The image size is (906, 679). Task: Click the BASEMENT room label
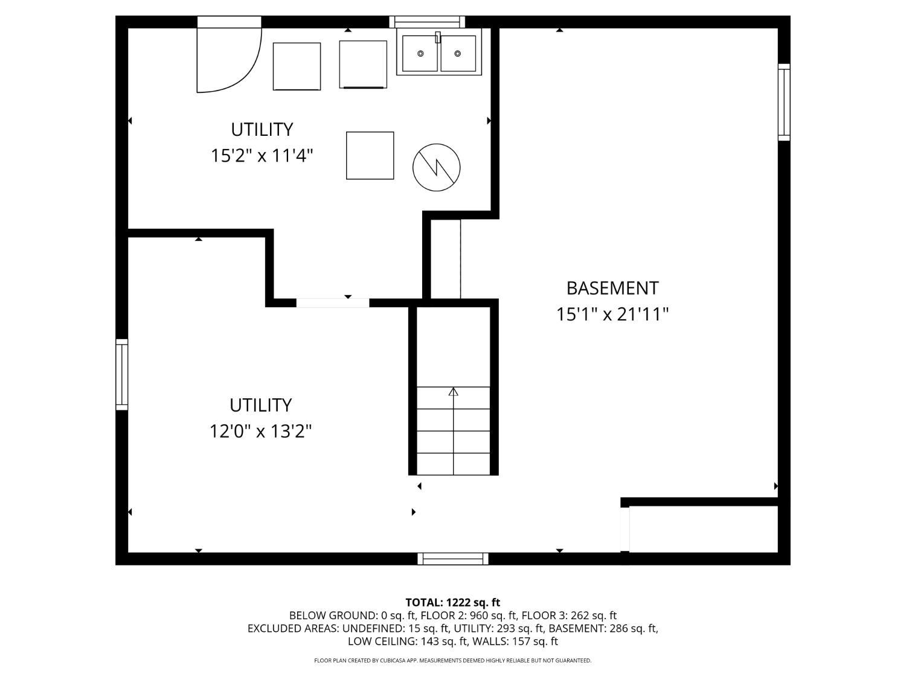pyautogui.click(x=612, y=288)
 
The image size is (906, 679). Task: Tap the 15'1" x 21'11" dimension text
pyautogui.click(x=612, y=314)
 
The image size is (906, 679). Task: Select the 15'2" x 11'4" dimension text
pyautogui.click(x=262, y=156)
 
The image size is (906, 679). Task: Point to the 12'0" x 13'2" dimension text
pyautogui.click(x=260, y=432)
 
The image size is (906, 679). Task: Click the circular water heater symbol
pyautogui.click(x=436, y=167)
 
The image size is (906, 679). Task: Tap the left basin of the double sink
pyautogui.click(x=420, y=53)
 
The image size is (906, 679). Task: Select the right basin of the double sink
pyautogui.click(x=458, y=53)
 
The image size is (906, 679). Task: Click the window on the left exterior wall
pyautogui.click(x=122, y=374)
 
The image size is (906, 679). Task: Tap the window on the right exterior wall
pyautogui.click(x=784, y=102)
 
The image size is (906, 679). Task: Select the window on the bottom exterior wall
pyautogui.click(x=453, y=559)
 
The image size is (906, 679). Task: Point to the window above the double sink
pyautogui.click(x=427, y=22)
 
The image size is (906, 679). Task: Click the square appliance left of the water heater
pyautogui.click(x=370, y=156)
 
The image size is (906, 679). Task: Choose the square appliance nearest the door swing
pyautogui.click(x=297, y=66)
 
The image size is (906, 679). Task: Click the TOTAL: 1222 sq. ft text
pyautogui.click(x=453, y=602)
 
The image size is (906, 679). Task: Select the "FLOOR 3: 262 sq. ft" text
pyautogui.click(x=569, y=616)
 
